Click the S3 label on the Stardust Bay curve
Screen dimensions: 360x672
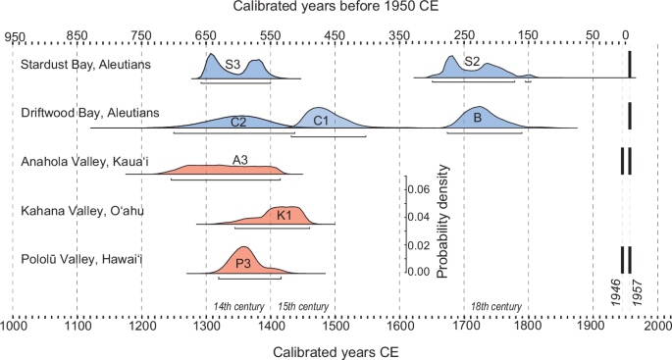pos(233,65)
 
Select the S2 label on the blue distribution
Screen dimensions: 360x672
pos(472,62)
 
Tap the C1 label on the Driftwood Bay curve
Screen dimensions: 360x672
pos(320,121)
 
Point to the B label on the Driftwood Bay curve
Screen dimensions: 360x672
pos(477,117)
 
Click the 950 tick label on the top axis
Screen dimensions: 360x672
pos(14,36)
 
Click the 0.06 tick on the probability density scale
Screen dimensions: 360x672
pos(419,188)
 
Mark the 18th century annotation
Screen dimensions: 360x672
pos(496,307)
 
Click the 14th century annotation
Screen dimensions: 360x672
pos(239,307)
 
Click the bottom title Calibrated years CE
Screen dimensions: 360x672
pos(336,349)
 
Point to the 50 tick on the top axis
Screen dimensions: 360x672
pos(593,36)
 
